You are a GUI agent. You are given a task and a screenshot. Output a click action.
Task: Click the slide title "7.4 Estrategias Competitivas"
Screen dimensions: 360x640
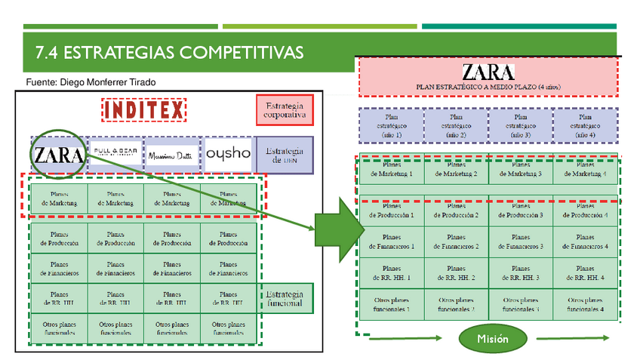click(169, 52)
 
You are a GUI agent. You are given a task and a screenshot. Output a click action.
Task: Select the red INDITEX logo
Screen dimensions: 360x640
click(143, 110)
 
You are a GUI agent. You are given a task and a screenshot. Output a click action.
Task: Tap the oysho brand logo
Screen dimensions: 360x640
click(228, 153)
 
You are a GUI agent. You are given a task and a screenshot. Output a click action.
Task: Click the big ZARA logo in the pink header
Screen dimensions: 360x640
click(488, 72)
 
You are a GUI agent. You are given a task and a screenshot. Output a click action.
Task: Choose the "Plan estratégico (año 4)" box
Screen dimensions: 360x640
click(585, 125)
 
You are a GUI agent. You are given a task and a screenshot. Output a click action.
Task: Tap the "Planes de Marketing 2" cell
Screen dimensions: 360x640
click(456, 170)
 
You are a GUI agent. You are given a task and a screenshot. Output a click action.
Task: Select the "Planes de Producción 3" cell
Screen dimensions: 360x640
click(521, 211)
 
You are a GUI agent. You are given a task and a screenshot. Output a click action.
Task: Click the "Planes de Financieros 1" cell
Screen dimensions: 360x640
click(391, 242)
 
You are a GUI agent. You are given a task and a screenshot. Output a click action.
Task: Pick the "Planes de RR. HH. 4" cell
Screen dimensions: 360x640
click(585, 272)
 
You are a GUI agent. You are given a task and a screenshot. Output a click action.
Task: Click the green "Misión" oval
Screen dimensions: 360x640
click(492, 339)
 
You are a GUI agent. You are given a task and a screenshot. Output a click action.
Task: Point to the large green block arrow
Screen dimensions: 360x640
click(334, 226)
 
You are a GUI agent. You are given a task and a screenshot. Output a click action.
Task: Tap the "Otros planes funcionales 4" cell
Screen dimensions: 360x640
click(585, 304)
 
